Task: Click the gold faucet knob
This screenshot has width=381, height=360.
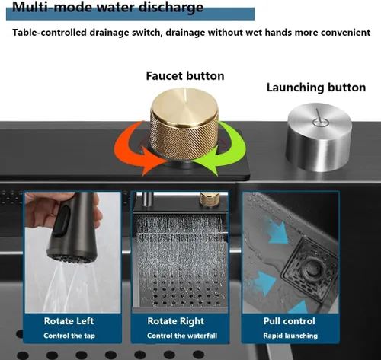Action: [184, 124]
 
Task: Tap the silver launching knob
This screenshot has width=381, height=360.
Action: [319, 137]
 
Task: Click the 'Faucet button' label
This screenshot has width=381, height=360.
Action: [185, 76]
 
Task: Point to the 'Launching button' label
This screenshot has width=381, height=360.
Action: [316, 88]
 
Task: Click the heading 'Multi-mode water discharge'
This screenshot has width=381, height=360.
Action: [107, 7]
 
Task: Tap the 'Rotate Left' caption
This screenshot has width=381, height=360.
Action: [69, 321]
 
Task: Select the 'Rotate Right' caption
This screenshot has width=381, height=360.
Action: [176, 321]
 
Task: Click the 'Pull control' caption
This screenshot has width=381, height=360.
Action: [290, 321]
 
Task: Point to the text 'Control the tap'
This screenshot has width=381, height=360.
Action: [69, 336]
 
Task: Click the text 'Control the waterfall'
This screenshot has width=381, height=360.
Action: [182, 336]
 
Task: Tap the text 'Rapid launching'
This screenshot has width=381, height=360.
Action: [290, 336]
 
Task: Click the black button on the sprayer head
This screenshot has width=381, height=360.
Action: [62, 221]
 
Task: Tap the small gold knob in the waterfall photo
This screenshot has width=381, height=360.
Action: [210, 199]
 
